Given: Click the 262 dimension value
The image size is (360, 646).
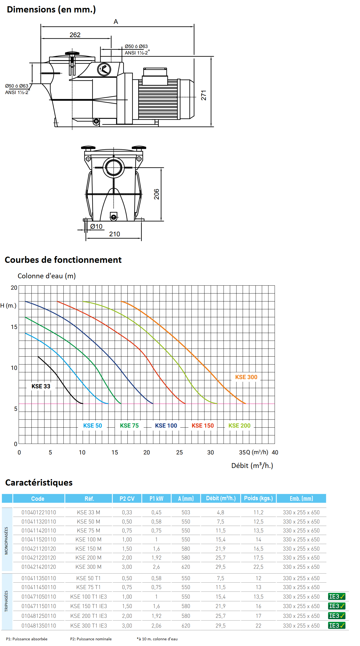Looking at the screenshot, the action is (x=75, y=35).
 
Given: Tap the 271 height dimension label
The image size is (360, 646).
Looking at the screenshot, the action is (x=204, y=95).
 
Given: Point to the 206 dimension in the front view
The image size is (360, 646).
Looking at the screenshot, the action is (x=156, y=194).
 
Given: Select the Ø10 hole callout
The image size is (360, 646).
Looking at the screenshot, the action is (x=96, y=227).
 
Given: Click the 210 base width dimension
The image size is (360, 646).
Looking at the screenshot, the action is (x=114, y=234).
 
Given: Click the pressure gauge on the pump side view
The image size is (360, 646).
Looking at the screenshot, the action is (x=104, y=69).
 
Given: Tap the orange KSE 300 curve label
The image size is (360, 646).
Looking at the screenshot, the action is (x=246, y=377).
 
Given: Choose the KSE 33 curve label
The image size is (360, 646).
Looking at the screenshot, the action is (x=41, y=386).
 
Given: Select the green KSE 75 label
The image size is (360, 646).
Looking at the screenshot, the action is (x=129, y=426).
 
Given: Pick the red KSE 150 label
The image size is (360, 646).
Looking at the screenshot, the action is (x=203, y=426).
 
